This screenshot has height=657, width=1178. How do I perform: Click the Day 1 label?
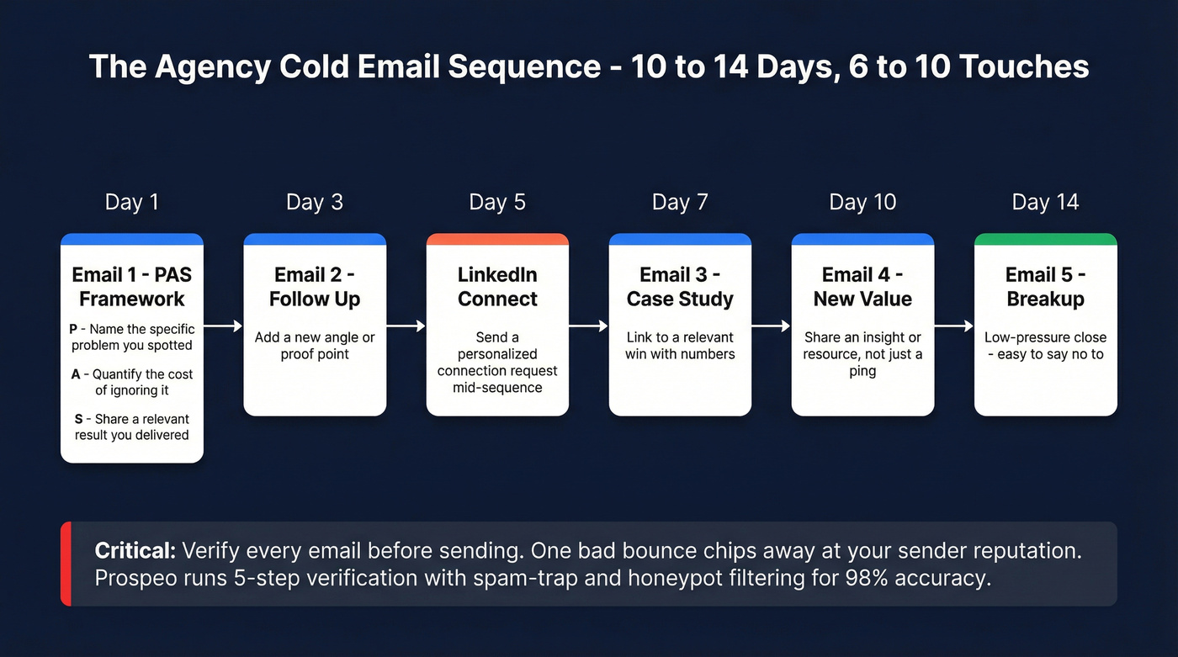(x=131, y=203)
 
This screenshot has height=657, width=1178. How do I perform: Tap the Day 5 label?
(x=497, y=203)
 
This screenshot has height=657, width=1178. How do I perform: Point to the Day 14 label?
(x=1045, y=203)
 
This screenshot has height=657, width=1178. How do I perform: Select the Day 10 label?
(x=862, y=203)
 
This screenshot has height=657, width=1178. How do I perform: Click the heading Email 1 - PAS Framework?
(x=131, y=287)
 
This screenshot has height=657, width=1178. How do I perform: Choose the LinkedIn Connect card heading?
(x=497, y=287)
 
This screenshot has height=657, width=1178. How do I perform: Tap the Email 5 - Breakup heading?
(x=1045, y=287)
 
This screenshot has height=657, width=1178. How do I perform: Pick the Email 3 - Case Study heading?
(x=680, y=287)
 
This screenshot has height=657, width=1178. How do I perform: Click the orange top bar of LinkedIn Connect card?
(x=497, y=240)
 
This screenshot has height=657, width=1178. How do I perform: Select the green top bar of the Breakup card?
(x=1045, y=240)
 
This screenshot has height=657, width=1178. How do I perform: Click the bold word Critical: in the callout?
(x=135, y=551)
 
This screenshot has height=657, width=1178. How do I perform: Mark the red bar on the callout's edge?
(x=66, y=564)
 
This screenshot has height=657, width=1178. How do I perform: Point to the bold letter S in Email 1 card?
(x=78, y=419)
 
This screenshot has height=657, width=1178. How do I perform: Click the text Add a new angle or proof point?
(x=315, y=346)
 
